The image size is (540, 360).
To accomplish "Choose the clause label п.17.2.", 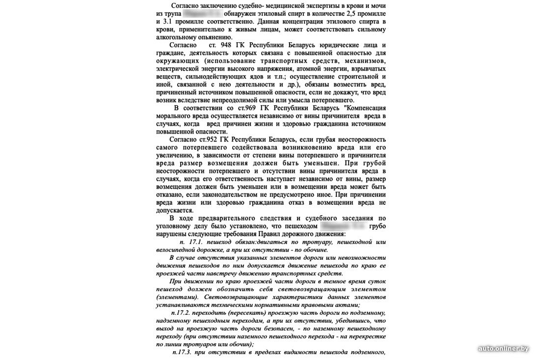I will point(182,313).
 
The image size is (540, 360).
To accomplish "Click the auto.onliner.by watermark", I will point(504,348).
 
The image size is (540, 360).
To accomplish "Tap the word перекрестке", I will point(361,336).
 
